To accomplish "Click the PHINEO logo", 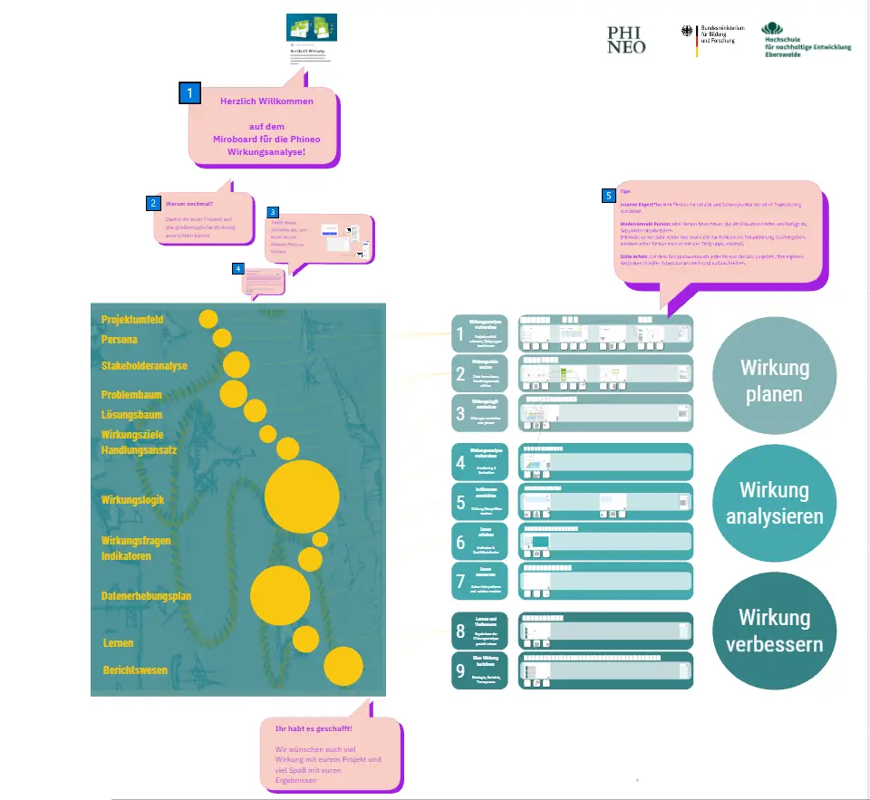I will pos(626,39).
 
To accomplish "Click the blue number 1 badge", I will pos(189,92).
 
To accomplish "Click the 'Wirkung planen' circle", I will pos(774,381).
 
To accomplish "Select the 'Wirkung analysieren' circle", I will pos(774,503).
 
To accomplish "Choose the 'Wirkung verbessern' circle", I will pos(774,631).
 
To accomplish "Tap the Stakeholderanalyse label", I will pos(144,365).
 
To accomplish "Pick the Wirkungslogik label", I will pos(132,498).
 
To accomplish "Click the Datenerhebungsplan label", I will pos(146,595).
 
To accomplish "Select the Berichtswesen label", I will pos(135,670).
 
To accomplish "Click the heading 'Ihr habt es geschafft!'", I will pos(314,728).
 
